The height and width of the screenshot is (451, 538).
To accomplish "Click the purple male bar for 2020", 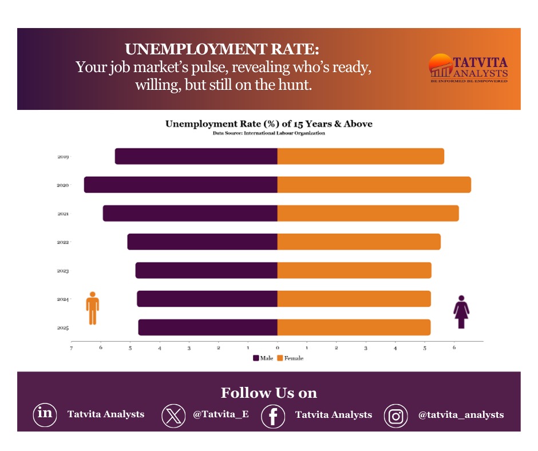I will pos(180,185).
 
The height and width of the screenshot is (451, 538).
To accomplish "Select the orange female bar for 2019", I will pos(361,156).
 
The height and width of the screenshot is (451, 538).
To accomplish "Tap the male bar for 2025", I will pos(208,327).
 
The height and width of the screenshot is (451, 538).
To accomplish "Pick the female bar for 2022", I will pos(359,242).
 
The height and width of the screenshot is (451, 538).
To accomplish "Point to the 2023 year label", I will pos(63,271).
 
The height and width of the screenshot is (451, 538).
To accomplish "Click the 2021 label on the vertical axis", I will pos(63,213).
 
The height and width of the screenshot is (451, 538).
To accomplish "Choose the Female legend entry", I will pos(290,358).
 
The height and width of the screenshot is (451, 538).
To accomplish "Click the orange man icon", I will pos(93,308).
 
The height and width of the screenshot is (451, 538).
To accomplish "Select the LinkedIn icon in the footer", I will pos(45,414).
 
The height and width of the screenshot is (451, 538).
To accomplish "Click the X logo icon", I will pos(173,416).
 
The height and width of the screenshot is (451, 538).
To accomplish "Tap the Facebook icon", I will pos(273,416).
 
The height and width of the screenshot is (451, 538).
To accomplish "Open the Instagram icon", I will pos(395,416).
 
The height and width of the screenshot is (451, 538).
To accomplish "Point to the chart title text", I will pos(269,124).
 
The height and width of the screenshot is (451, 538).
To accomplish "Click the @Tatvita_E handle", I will pos(220,414).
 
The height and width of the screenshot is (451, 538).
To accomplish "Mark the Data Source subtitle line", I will pos(269,133).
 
